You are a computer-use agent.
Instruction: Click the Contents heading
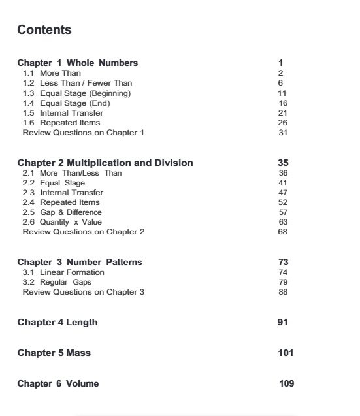pos(44,30)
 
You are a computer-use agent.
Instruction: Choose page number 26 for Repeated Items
pos(282,122)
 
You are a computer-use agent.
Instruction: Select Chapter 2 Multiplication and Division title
pos(105,163)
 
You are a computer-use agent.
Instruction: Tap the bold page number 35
pos(283,163)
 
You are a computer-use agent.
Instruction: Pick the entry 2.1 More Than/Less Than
pos(72,172)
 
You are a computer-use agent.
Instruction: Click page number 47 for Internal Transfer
pos(282,193)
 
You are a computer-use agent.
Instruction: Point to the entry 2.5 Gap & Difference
pos(63,212)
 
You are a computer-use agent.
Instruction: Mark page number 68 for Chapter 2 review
pos(282,232)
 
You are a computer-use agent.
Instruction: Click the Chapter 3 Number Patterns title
pos(80,262)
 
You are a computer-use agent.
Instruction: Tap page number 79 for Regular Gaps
pos(282,281)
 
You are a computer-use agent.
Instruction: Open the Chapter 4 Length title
pos(57,322)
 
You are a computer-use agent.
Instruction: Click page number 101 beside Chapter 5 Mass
pos(286,353)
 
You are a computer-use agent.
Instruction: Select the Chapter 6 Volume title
pos(58,383)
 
